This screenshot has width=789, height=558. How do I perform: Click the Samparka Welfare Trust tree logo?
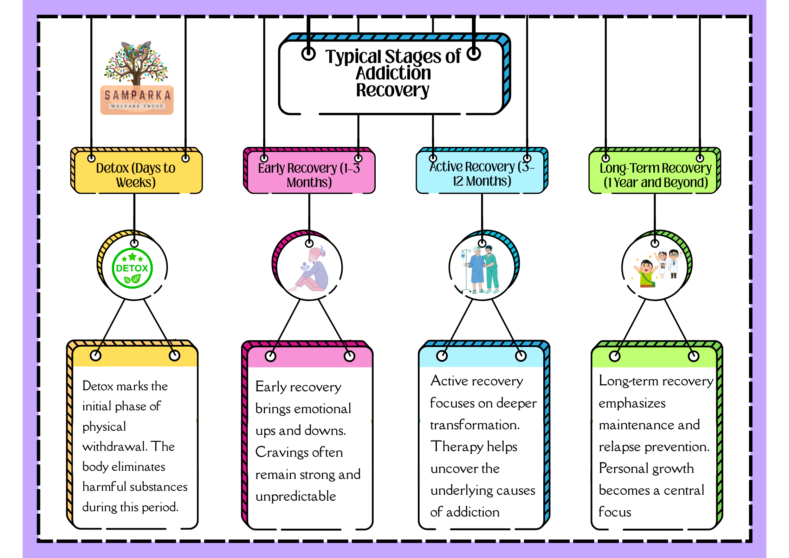(137, 77)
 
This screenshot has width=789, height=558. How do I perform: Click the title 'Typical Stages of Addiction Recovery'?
(393, 73)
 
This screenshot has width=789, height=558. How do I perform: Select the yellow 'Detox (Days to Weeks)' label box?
(136, 171)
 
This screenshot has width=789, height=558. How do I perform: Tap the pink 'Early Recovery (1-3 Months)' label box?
(309, 171)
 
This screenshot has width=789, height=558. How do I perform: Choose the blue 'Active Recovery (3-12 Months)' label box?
(482, 171)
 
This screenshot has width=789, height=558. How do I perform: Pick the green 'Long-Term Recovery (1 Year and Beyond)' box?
(655, 171)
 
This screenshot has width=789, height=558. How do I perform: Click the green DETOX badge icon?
(132, 268)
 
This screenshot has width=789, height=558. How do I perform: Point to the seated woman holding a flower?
(309, 269)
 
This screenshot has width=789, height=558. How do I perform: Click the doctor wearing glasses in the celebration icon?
(673, 263)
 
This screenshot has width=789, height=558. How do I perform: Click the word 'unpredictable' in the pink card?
(296, 496)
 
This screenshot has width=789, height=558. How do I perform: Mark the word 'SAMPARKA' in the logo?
(137, 95)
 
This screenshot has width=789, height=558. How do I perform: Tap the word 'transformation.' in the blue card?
(475, 425)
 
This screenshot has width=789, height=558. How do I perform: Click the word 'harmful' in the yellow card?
(103, 487)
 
